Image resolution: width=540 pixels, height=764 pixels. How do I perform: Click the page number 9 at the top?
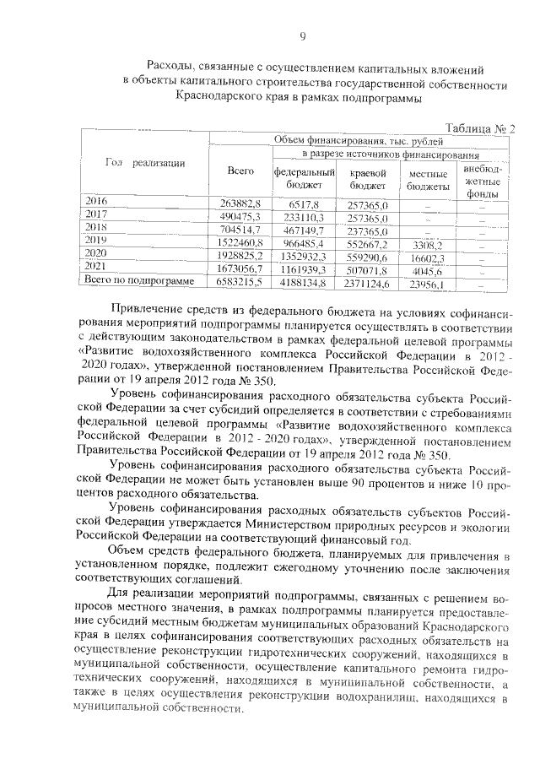[301, 35]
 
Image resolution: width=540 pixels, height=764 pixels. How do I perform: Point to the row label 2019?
[98, 240]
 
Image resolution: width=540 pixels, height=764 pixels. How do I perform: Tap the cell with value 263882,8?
[242, 204]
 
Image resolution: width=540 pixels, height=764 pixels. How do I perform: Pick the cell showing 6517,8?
[304, 204]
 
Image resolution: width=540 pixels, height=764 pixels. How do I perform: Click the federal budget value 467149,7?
[304, 229]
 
